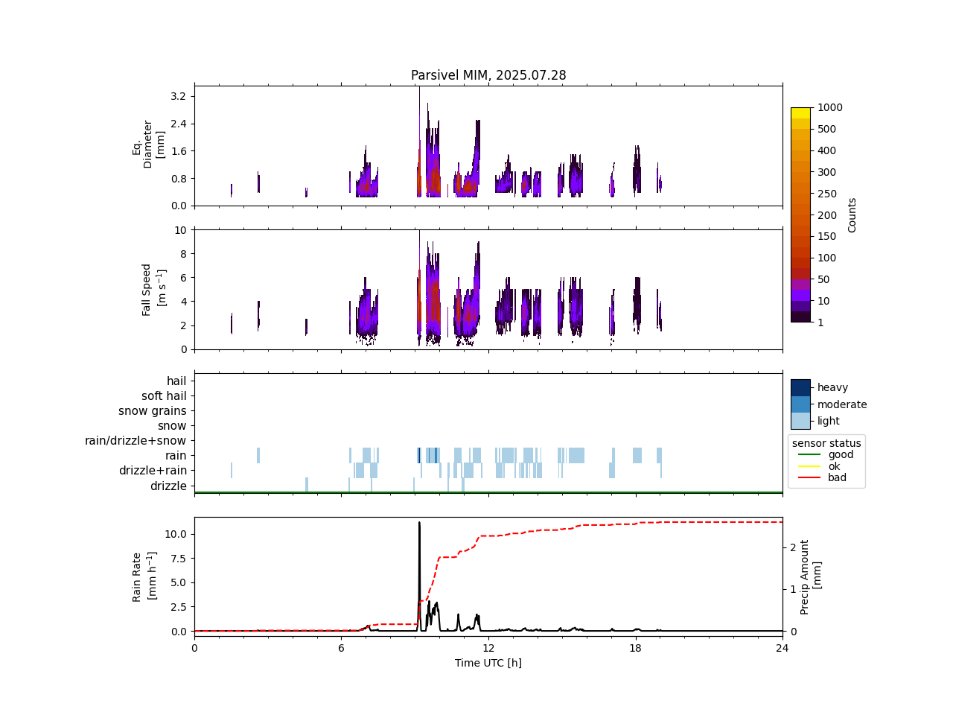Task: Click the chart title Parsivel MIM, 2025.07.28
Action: point(488,75)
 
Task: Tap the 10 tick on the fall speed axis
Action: point(180,230)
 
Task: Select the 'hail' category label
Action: point(176,381)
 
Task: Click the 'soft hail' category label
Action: point(164,396)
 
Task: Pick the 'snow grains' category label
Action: point(153,411)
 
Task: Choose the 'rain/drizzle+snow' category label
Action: point(136,441)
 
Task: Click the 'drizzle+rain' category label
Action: point(153,471)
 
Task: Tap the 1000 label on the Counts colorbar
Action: point(830,107)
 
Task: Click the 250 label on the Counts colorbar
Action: point(827,194)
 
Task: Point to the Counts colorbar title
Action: point(852,214)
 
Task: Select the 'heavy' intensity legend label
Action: point(832,387)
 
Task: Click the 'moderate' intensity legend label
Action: point(842,404)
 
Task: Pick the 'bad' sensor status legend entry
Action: point(837,478)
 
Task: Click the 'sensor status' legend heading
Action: point(826,443)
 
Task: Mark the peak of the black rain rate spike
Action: point(419,522)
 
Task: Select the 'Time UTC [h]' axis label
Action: point(488,663)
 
